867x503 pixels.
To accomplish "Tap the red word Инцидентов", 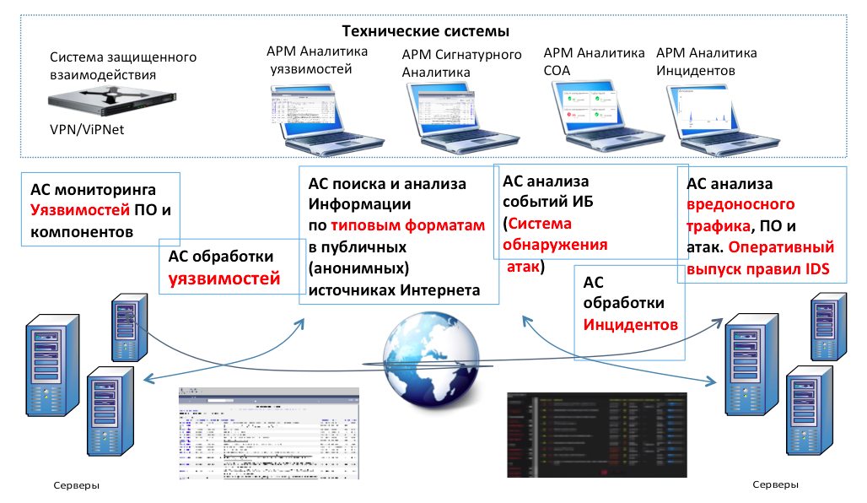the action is point(629,324).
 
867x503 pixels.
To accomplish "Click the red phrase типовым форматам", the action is point(408,225).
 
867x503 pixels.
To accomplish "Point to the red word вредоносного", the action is point(740,205).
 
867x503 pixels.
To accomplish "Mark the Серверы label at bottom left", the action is point(76,486).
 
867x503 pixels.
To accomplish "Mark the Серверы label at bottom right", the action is point(776,484).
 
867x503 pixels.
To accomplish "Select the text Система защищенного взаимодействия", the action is point(122,66).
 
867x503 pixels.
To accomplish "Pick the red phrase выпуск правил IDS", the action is point(757,270).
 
